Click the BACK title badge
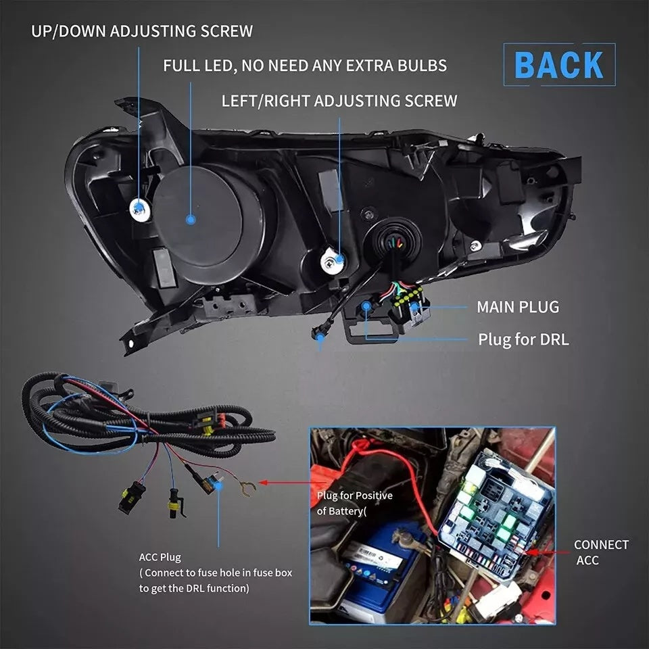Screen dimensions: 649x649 coord(559,65)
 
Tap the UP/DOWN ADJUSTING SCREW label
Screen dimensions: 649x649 coord(142,31)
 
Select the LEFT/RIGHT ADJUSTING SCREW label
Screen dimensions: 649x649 coord(339,101)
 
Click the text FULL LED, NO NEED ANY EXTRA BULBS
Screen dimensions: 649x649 coord(305,66)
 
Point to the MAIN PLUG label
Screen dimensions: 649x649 coord(518,307)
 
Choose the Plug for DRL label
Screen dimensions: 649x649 coord(523,339)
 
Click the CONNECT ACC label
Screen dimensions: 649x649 coord(601,552)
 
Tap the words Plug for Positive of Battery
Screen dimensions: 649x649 coord(354,504)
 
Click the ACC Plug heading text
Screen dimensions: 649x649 coord(160,558)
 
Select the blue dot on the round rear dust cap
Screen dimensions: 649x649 coord(191,219)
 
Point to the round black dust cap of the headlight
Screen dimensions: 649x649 coord(210,216)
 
